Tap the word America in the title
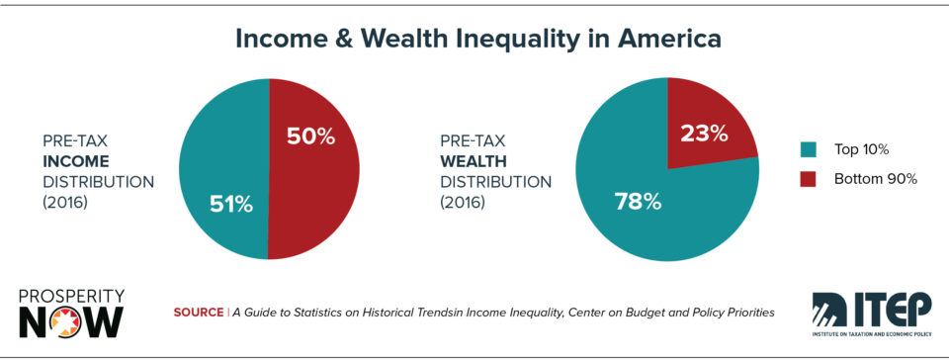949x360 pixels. coord(672,41)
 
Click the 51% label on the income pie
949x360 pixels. coord(230,205)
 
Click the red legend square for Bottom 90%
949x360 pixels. coord(807,180)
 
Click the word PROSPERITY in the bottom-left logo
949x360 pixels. coord(71,295)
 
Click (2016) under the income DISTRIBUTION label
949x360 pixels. coord(66,204)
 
